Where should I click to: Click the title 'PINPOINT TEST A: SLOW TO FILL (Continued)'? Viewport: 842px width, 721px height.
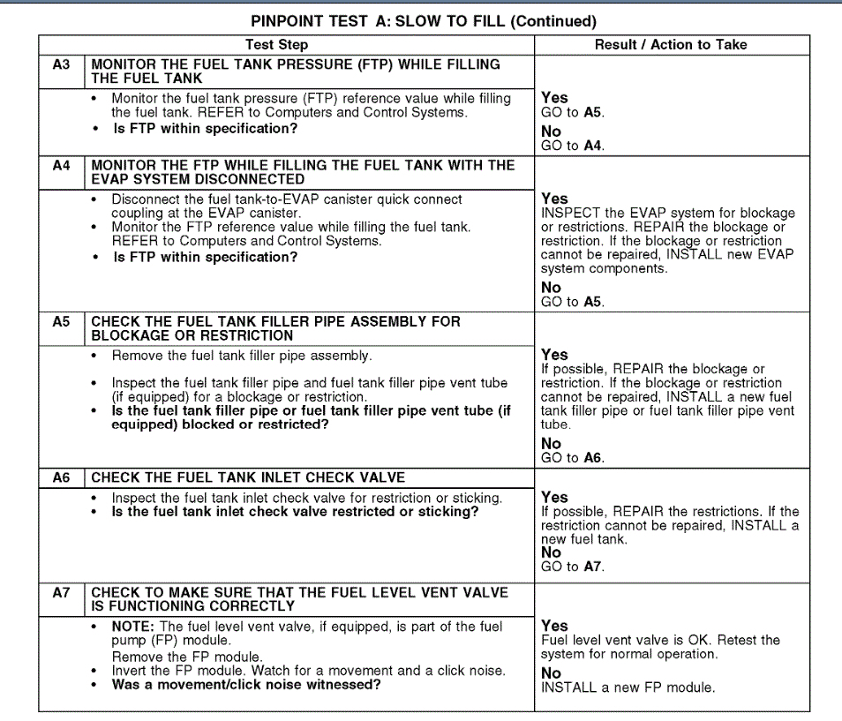click(x=424, y=21)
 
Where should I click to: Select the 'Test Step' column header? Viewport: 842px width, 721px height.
click(x=276, y=45)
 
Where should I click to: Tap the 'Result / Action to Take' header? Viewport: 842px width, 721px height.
click(x=670, y=45)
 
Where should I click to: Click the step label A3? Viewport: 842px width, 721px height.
click(x=61, y=64)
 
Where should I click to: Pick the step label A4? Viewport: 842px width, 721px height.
click(x=61, y=165)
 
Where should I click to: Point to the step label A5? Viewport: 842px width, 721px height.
click(x=61, y=321)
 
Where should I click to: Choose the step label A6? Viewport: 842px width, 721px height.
click(x=61, y=477)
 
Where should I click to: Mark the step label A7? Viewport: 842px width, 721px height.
click(x=61, y=593)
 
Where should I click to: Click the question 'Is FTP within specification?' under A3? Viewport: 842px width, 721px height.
click(x=205, y=129)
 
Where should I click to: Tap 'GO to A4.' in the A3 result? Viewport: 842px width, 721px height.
click(x=572, y=146)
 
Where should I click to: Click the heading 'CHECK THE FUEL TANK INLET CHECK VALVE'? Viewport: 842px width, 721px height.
click(x=248, y=477)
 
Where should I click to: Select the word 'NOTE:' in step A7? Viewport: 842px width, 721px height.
click(x=132, y=627)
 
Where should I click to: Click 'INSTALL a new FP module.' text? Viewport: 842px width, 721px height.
click(x=628, y=687)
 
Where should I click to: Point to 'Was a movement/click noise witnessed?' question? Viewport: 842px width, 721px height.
click(x=246, y=684)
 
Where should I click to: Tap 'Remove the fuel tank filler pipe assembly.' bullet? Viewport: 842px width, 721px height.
click(x=241, y=356)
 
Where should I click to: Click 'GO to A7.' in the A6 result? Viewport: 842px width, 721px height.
click(x=572, y=567)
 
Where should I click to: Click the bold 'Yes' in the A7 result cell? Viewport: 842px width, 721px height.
click(x=554, y=626)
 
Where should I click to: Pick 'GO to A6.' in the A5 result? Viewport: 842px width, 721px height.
click(x=572, y=458)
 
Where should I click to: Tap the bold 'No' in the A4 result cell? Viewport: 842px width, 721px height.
click(x=551, y=288)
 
